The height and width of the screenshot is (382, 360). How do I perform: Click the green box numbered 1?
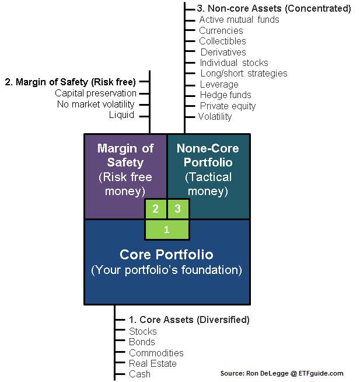[167, 230]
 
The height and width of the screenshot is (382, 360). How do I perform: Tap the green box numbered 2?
[156, 209]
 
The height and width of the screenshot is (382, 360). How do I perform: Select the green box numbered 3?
[178, 209]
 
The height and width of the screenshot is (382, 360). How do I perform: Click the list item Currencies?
[221, 31]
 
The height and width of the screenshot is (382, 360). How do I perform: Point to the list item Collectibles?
[222, 41]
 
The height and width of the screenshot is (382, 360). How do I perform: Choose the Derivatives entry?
[223, 52]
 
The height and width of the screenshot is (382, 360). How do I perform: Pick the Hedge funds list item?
[226, 95]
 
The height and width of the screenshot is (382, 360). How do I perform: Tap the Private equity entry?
[228, 106]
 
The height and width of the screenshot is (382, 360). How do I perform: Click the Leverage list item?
[219, 84]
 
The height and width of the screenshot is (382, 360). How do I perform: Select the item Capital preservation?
[96, 93]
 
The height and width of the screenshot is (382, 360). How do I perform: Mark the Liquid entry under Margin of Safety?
[121, 114]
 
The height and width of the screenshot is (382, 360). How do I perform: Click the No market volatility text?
[96, 105]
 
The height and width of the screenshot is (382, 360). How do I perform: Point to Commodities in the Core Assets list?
[156, 353]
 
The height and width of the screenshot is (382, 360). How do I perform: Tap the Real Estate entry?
[153, 363]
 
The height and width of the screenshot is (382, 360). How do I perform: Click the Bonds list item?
[142, 342]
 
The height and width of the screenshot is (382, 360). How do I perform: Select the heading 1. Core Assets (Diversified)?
[189, 320]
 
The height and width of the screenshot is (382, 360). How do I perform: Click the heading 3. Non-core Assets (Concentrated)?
[274, 9]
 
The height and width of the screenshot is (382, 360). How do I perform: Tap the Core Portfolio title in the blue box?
[166, 255]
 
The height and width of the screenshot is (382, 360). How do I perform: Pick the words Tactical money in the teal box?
[208, 184]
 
